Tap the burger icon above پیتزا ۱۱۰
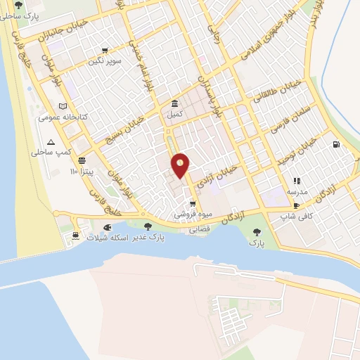pos(82,160)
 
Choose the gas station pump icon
pos(336,145)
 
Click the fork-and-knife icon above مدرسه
pos(296,181)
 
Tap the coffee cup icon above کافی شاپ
pos(296,205)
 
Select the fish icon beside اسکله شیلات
pos(107,228)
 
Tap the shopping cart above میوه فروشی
pos(193,204)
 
